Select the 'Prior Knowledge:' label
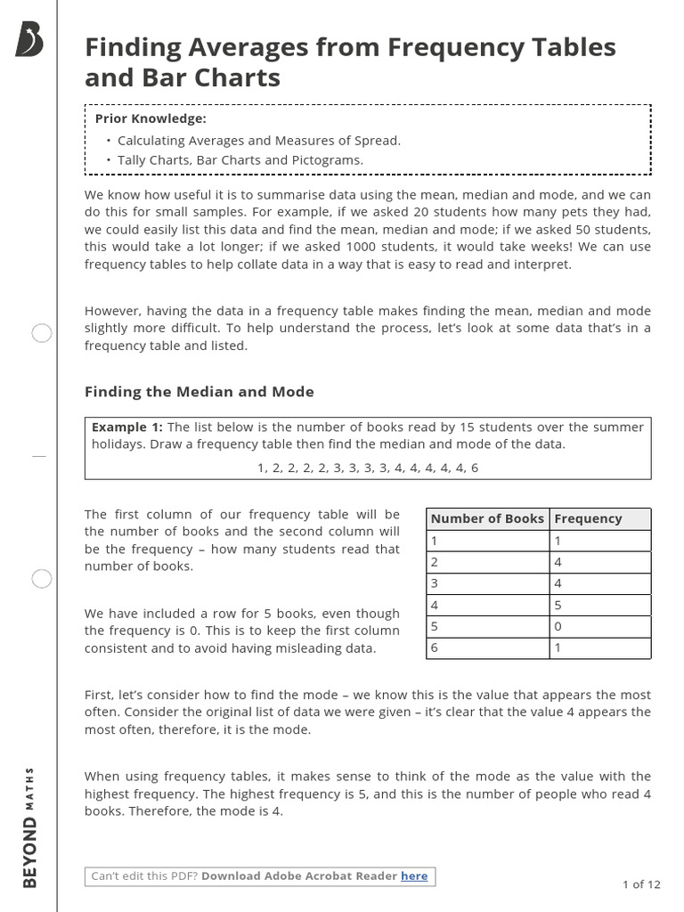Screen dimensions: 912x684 pyautogui.click(x=151, y=118)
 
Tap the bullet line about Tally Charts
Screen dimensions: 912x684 pyautogui.click(x=240, y=160)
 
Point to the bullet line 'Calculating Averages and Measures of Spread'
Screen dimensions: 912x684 pyautogui.click(x=259, y=140)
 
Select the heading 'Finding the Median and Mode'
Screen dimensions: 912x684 pyautogui.click(x=199, y=392)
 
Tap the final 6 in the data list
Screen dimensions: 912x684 pyautogui.click(x=475, y=468)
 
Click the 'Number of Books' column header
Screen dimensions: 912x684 pyautogui.click(x=487, y=518)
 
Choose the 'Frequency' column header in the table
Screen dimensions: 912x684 pyautogui.click(x=588, y=518)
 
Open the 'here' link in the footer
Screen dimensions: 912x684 pyautogui.click(x=414, y=875)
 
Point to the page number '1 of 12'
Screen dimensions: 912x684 pyautogui.click(x=641, y=884)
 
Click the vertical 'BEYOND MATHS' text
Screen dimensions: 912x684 pyautogui.click(x=30, y=826)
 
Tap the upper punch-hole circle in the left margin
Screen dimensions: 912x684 pyautogui.click(x=42, y=334)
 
